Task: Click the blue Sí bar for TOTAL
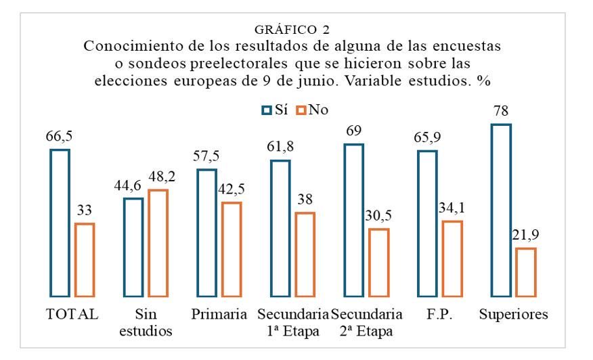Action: pyautogui.click(x=60, y=223)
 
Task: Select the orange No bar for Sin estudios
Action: pyautogui.click(x=158, y=243)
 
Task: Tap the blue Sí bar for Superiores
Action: pyautogui.click(x=501, y=210)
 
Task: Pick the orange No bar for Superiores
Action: pyautogui.click(x=525, y=272)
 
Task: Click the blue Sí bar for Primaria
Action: pyautogui.click(x=206, y=233)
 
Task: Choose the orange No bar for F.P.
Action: pyautogui.click(x=452, y=258)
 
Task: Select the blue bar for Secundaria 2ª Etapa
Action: pyautogui.click(x=353, y=220)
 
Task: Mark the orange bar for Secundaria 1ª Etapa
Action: pyautogui.click(x=305, y=254)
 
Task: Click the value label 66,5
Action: pyautogui.click(x=60, y=137)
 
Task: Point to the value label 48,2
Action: pyautogui.click(x=158, y=178)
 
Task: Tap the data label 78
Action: pyautogui.click(x=501, y=112)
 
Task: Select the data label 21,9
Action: pyautogui.click(x=525, y=237)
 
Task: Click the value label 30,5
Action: pyautogui.click(x=378, y=217)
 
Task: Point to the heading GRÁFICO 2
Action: pyautogui.click(x=296, y=31)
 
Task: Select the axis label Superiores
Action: pyautogui.click(x=512, y=315)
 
